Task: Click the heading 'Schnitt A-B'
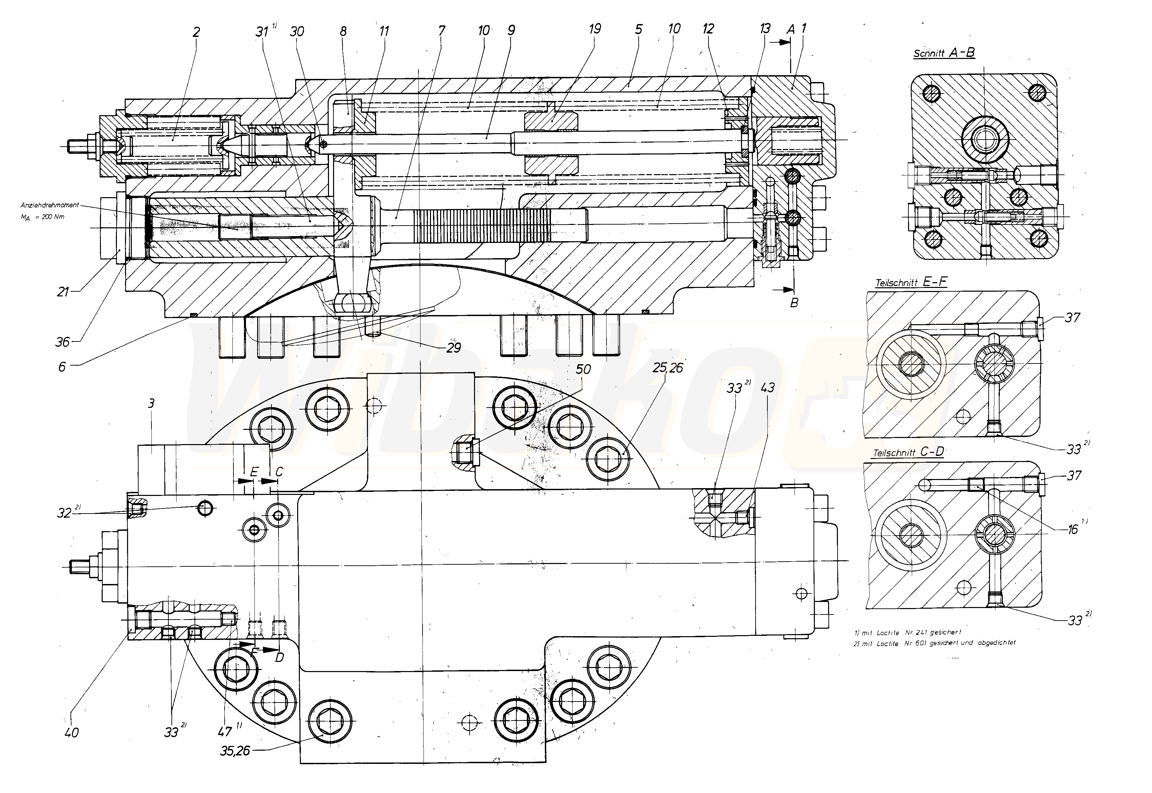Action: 944,53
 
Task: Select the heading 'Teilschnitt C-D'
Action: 908,452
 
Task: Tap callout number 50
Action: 583,370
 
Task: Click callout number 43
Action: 767,388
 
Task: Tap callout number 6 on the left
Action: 62,367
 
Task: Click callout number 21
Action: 63,292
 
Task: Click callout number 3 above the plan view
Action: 151,403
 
